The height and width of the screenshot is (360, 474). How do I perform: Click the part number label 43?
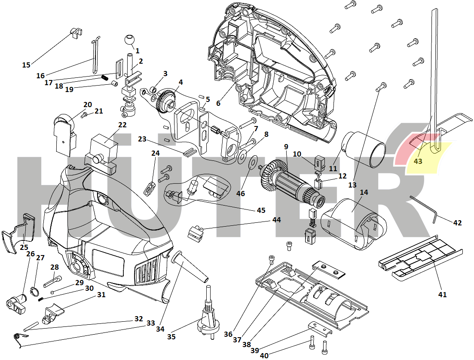[418, 162]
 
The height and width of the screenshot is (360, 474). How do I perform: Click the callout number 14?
[364, 192]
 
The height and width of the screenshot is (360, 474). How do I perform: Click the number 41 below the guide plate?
[442, 295]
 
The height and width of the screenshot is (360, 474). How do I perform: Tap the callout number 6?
[218, 103]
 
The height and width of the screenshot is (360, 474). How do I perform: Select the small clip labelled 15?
[76, 33]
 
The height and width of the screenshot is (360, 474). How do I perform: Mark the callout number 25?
[24, 247]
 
